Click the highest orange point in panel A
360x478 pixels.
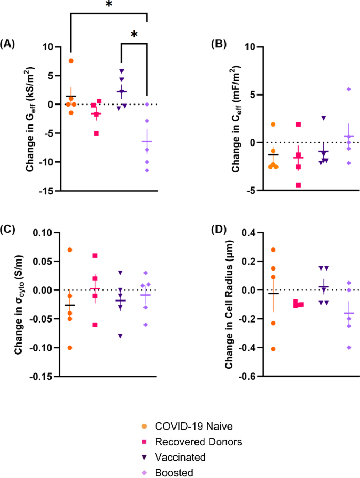(71, 61)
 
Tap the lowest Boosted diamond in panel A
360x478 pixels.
(147, 170)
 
